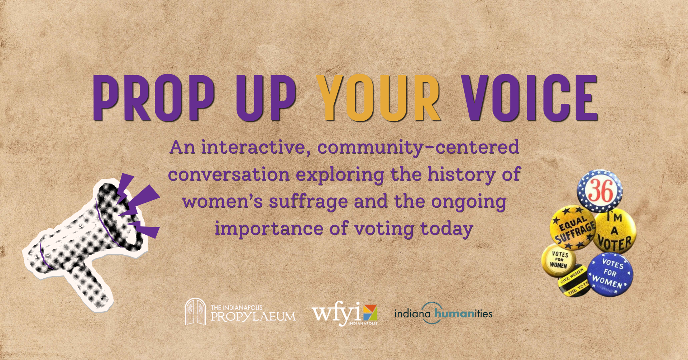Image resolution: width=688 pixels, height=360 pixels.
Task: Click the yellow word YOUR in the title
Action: (379, 97)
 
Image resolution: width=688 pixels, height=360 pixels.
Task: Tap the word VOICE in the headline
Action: (529, 97)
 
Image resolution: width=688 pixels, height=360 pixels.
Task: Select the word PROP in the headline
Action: (154, 97)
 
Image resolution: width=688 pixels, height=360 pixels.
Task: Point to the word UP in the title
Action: (266, 97)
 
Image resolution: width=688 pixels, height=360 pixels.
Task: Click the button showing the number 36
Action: (599, 191)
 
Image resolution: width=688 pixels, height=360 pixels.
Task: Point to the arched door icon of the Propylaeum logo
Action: (195, 312)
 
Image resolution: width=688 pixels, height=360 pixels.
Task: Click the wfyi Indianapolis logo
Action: (344, 313)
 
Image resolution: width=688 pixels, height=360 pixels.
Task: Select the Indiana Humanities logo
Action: (443, 313)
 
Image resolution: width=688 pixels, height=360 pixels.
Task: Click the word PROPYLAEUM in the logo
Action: (253, 316)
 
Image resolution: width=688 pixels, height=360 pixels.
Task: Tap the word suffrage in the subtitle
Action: (308, 201)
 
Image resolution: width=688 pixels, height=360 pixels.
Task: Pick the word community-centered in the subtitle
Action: (418, 147)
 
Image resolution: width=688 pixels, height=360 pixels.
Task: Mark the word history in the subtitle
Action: (461, 174)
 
